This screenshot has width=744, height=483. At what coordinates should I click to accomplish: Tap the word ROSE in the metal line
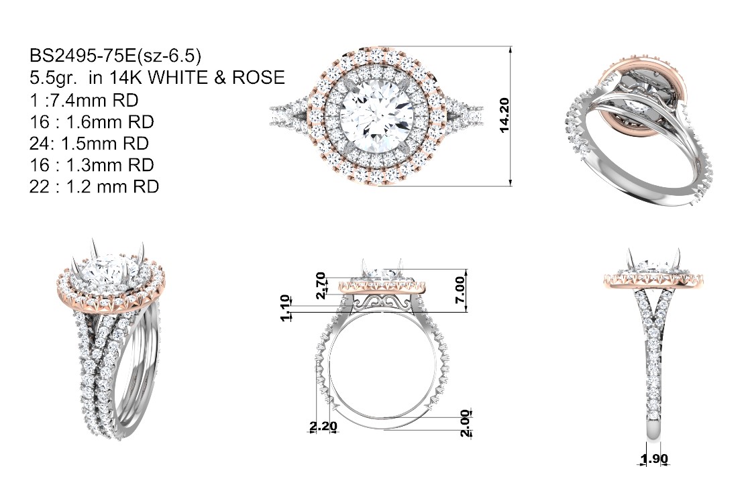click(258, 77)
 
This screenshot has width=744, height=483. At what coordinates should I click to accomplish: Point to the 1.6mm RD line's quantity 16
click(39, 122)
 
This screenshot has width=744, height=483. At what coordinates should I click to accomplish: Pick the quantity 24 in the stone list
click(39, 144)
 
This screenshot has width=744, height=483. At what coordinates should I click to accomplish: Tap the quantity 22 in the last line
click(39, 186)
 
